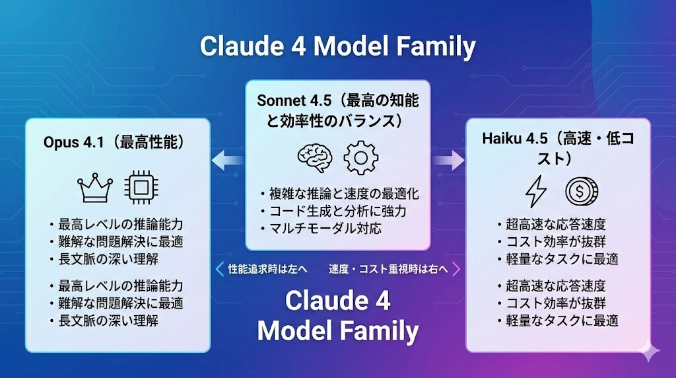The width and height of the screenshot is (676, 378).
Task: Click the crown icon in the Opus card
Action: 95,189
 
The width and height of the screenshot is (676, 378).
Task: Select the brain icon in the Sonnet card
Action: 315,157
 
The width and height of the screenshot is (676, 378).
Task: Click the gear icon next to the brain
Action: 360,157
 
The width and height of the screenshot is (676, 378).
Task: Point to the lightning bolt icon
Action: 535,192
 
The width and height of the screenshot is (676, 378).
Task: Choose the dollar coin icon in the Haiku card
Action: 581,192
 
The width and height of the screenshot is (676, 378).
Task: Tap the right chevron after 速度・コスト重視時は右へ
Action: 455,269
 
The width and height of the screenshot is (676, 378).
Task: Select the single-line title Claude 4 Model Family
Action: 337,47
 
